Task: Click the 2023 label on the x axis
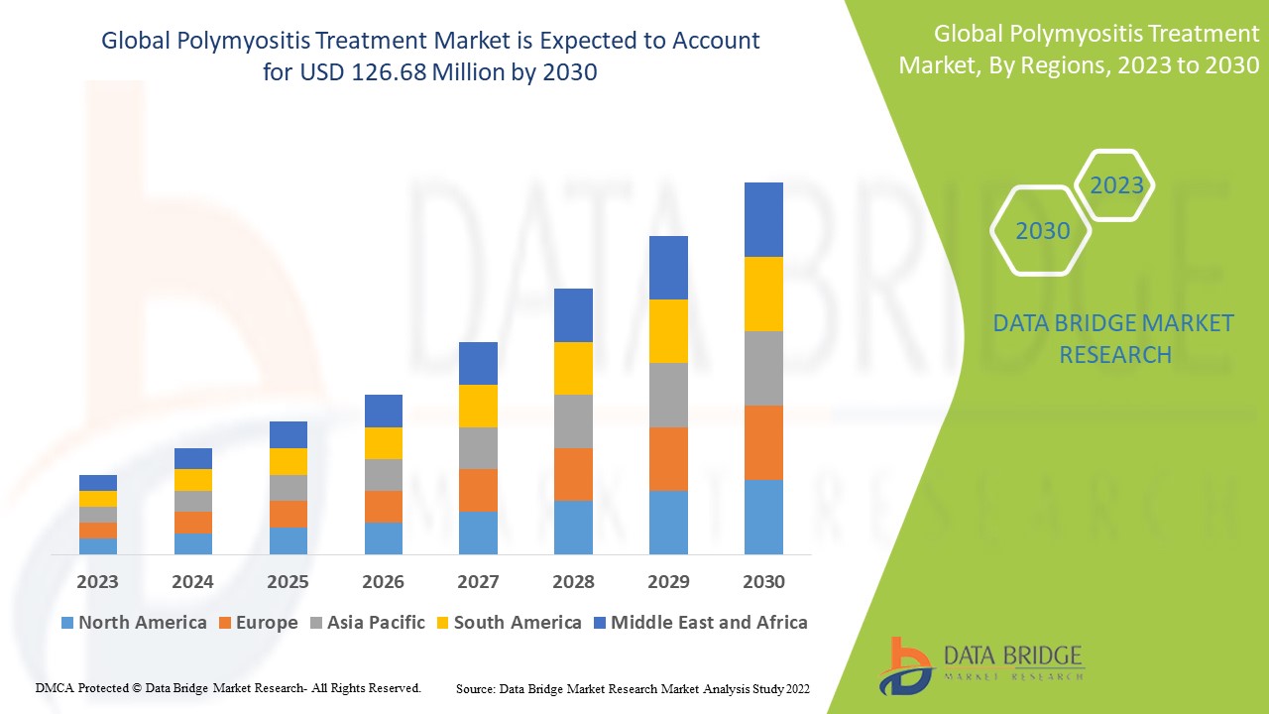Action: click(x=97, y=582)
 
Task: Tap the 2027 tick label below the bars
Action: click(x=478, y=582)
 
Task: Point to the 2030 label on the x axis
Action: click(x=763, y=582)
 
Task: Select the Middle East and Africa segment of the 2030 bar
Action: click(x=763, y=219)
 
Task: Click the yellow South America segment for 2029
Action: click(x=668, y=331)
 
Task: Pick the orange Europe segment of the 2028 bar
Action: click(x=573, y=474)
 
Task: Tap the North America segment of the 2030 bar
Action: click(x=763, y=517)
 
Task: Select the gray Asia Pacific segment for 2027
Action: click(x=478, y=448)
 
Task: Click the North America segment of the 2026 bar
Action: click(x=383, y=537)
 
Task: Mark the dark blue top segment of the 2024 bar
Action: click(x=192, y=458)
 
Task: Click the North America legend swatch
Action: click(x=67, y=624)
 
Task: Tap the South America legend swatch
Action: click(x=441, y=624)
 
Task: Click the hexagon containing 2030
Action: click(x=1042, y=231)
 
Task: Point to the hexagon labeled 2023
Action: click(x=1116, y=185)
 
